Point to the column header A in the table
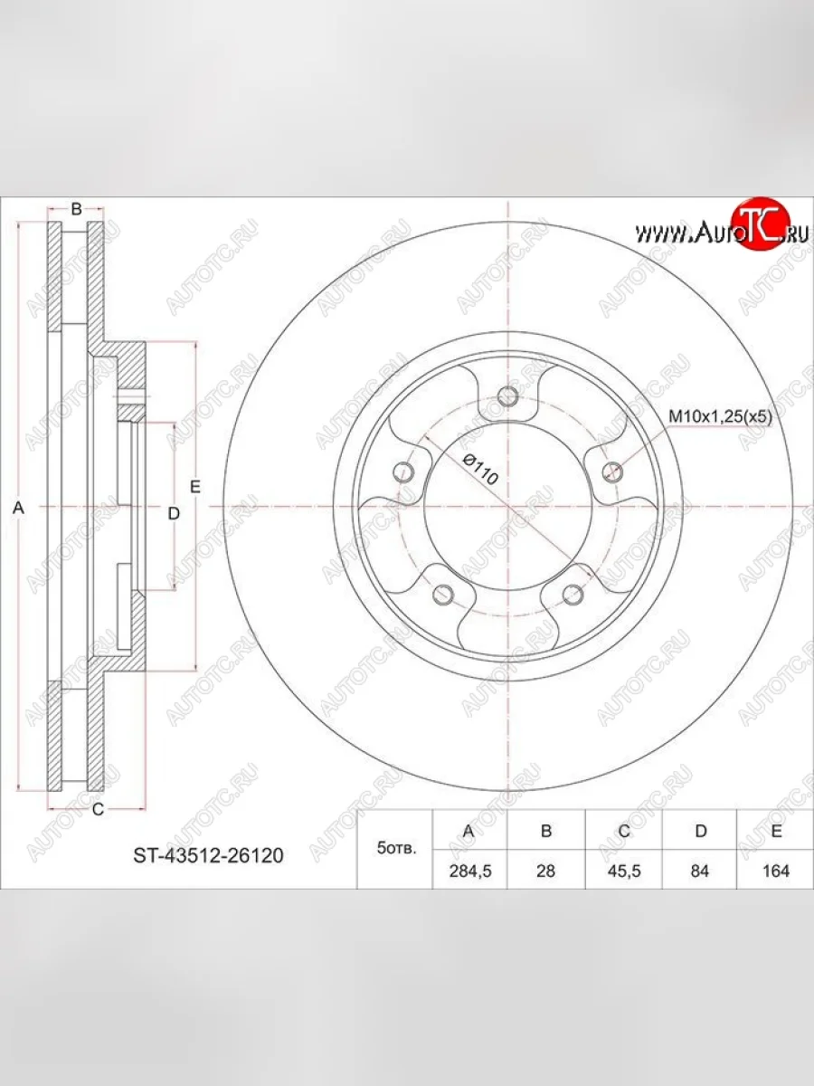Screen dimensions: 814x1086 [469, 831]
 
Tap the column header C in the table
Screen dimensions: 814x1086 [624, 831]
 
